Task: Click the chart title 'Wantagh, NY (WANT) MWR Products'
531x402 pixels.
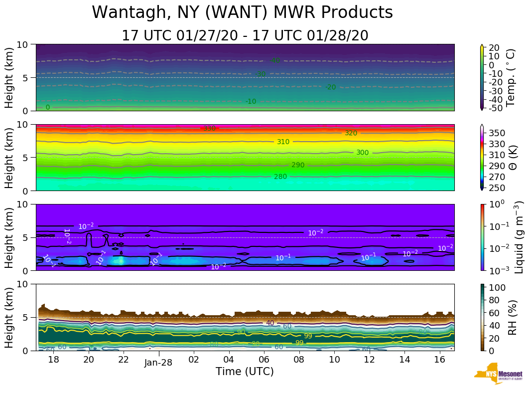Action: [242, 13]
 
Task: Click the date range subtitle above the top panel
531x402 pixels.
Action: [245, 36]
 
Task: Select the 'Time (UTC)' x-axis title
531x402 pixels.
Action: [245, 372]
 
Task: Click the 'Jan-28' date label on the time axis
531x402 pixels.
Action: [158, 363]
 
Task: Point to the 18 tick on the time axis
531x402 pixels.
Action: [53, 360]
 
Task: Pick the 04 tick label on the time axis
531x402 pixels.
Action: [229, 360]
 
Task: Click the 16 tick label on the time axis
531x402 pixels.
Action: [439, 360]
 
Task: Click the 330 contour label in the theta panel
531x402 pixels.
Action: [209, 129]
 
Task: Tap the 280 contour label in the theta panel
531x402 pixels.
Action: [280, 177]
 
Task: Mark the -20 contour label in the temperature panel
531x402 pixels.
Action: [330, 87]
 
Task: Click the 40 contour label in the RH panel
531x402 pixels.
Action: [270, 323]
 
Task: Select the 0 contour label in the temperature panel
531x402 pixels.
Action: [48, 107]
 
